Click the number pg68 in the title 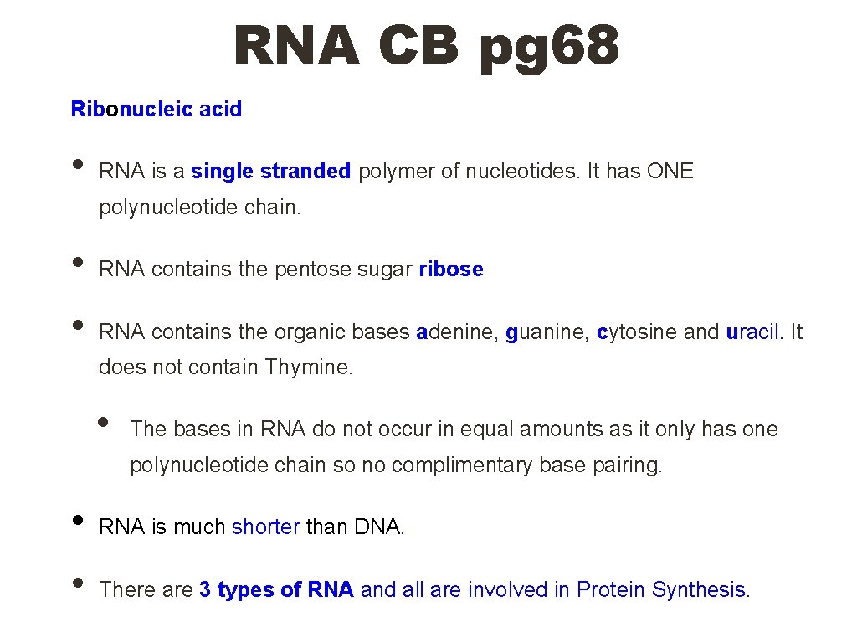coord(549,45)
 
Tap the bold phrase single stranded coord(270,172)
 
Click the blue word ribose coord(451,270)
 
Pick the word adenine coord(456,332)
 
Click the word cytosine coord(636,332)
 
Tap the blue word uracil coord(752,332)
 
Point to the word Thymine coord(309,367)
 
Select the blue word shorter coord(265,527)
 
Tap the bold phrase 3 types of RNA coord(276,590)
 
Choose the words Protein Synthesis coord(662,590)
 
